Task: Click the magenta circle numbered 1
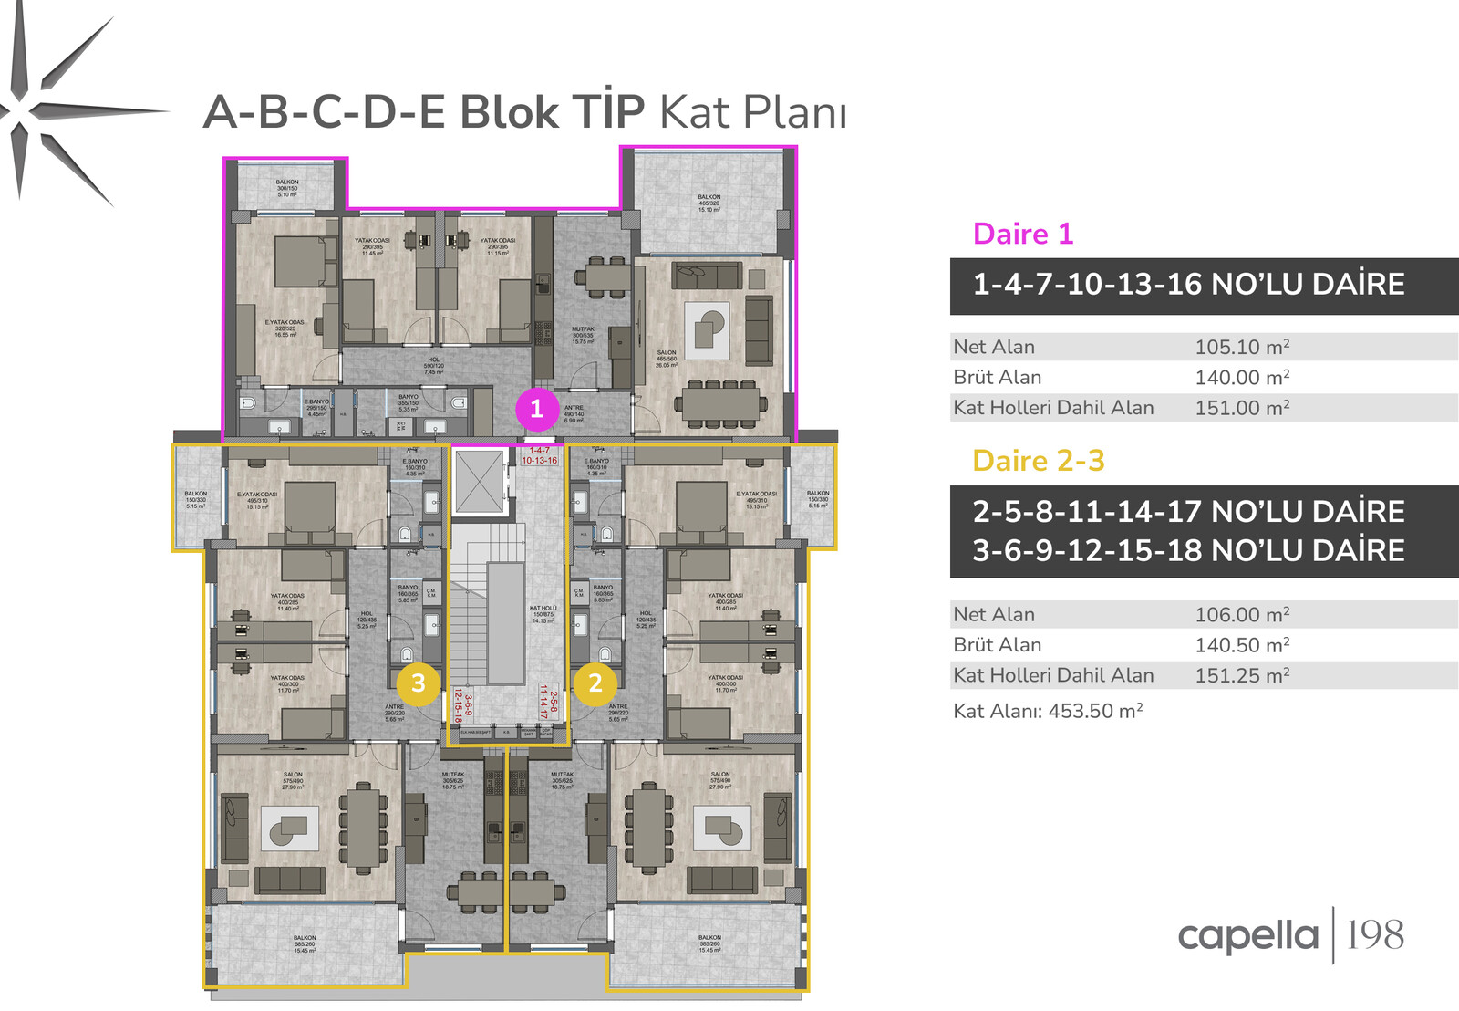tap(536, 409)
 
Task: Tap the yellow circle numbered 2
tap(595, 683)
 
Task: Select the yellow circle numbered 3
tap(419, 683)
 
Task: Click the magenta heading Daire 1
tap(1022, 234)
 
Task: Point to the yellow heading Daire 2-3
tap(1038, 461)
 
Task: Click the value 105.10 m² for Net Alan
tap(1242, 347)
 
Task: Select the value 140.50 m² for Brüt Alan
tap(1242, 645)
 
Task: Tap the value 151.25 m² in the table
tap(1242, 676)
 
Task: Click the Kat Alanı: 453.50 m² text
tap(1048, 711)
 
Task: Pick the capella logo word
tap(1247, 936)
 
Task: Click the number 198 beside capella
tap(1375, 935)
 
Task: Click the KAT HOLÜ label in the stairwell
tap(543, 613)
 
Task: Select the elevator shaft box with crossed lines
tap(480, 481)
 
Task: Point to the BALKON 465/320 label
tap(709, 203)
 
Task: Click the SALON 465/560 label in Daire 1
tap(667, 359)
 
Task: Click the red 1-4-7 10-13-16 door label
tap(540, 455)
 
